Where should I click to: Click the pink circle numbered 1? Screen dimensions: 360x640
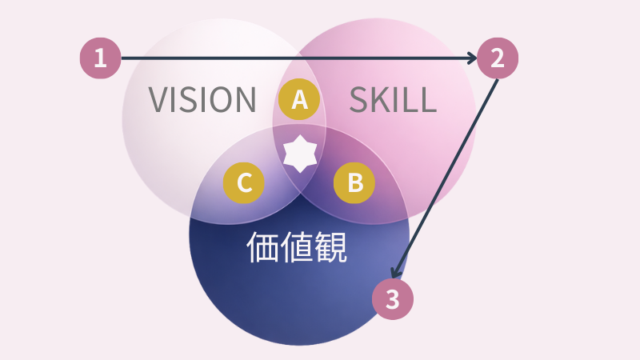pos(100,58)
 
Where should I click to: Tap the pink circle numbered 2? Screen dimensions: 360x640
pos(498,58)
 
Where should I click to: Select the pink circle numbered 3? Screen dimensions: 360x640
pos(392,299)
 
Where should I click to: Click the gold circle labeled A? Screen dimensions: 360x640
pos(299,100)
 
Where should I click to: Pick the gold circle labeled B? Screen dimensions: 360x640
pos(354,183)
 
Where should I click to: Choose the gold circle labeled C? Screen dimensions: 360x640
pos(244,183)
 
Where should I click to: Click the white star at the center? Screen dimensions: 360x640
pos(299,154)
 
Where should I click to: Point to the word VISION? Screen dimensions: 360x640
pos(202,100)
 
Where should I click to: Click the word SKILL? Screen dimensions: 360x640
pos(393,100)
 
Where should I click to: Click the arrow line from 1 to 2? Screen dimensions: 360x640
pos(296,58)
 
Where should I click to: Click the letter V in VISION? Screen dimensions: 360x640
pos(159,100)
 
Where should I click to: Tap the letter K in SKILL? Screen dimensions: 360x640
pos(381,100)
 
